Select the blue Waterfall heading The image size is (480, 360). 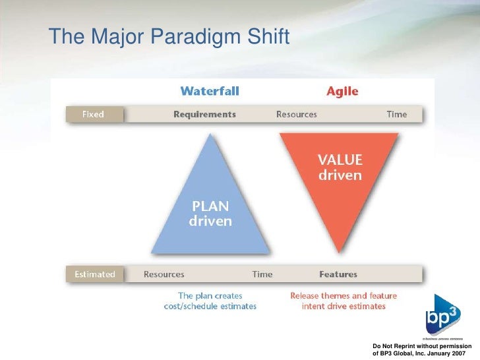210,90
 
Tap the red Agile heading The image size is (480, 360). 342,90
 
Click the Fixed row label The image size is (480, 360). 93,114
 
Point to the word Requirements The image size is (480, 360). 204,114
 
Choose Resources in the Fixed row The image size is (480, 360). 296,114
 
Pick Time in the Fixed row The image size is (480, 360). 396,114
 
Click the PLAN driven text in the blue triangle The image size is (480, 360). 210,214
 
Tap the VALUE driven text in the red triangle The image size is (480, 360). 340,167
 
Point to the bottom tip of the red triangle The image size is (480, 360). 340,252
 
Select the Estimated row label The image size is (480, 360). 94,274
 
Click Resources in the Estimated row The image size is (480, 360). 164,274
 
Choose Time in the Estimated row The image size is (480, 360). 262,274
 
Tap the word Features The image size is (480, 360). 338,274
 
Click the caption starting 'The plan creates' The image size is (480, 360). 210,301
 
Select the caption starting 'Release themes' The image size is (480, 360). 338,301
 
